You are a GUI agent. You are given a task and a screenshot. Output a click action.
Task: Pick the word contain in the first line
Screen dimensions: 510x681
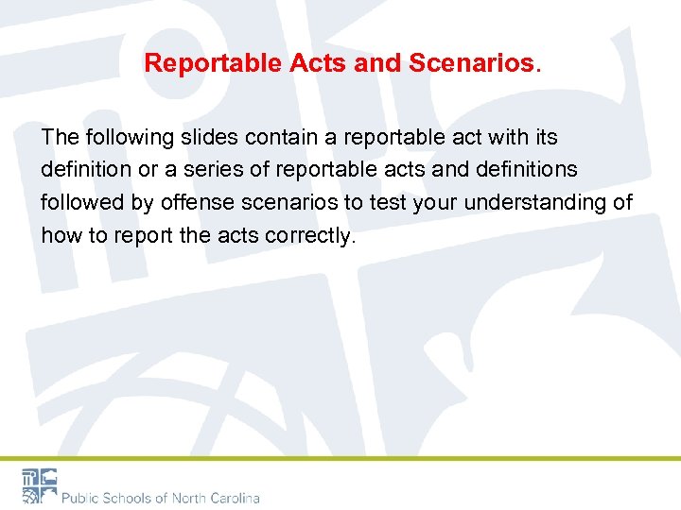pos(281,137)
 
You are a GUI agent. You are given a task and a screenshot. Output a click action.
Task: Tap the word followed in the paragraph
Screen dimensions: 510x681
pos(82,203)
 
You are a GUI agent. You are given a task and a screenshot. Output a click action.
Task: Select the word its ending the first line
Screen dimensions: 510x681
pos(546,137)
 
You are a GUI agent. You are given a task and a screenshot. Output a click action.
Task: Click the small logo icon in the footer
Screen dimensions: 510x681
pos(40,485)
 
